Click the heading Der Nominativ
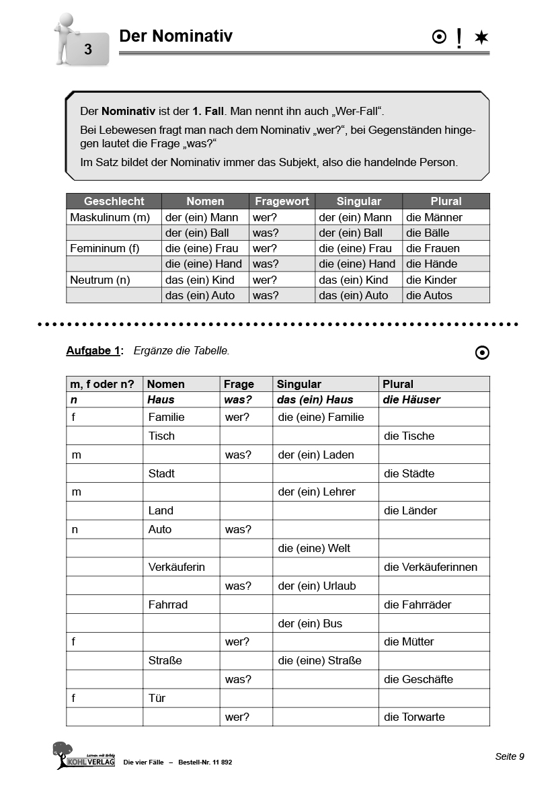(x=175, y=36)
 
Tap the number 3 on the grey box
(x=88, y=49)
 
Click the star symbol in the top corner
(x=481, y=38)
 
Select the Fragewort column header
(x=282, y=201)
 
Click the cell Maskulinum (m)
(x=110, y=217)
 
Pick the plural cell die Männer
(x=434, y=217)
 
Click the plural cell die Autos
(x=429, y=295)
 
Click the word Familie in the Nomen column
(x=166, y=417)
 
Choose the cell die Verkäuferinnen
(x=430, y=567)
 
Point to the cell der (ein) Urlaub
(x=317, y=586)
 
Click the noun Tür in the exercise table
(x=157, y=698)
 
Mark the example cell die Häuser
(x=411, y=399)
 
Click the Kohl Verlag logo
(x=83, y=755)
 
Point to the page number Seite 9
(x=510, y=756)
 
